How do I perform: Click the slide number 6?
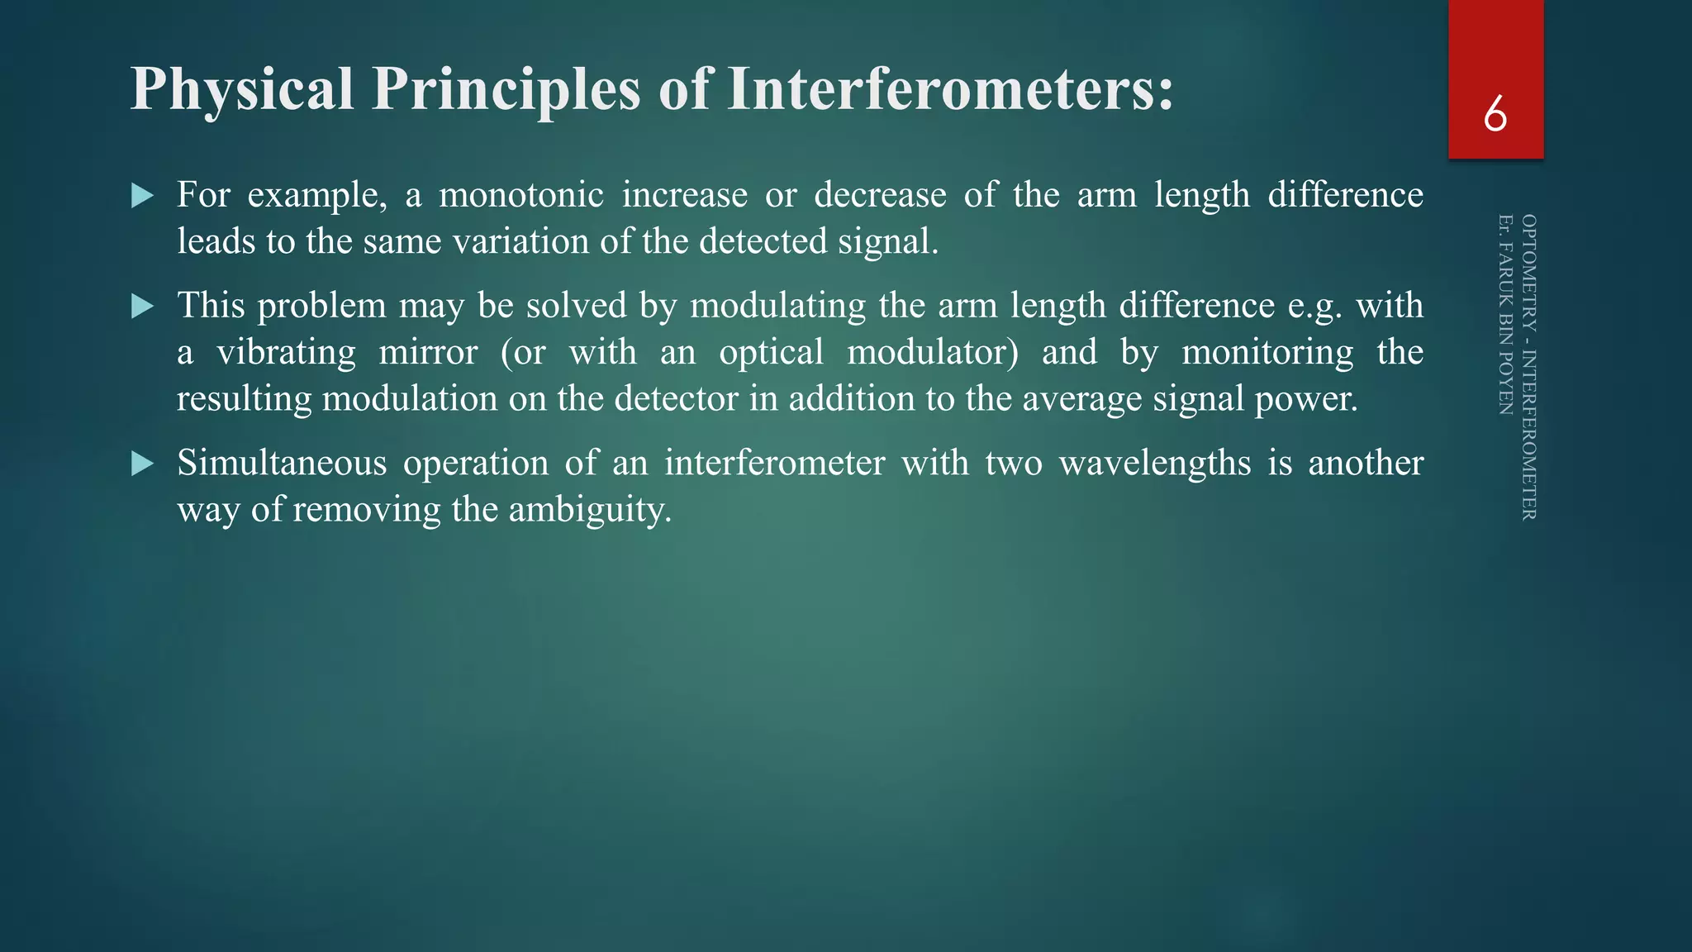(1495, 114)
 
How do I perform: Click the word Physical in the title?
(242, 89)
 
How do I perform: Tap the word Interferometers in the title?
(950, 89)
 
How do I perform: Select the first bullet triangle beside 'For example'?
(143, 196)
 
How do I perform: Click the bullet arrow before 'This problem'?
(143, 307)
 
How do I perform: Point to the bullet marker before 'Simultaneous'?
(143, 464)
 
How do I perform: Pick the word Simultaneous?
(282, 463)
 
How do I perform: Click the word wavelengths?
(1155, 463)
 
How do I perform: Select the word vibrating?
(286, 353)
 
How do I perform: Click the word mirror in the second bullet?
(428, 353)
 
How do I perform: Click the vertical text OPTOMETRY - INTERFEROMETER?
(1528, 367)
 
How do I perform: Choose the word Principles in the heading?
(506, 89)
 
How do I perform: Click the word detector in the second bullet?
(676, 399)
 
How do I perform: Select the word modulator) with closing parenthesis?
(933, 353)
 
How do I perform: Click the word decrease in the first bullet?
(880, 196)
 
